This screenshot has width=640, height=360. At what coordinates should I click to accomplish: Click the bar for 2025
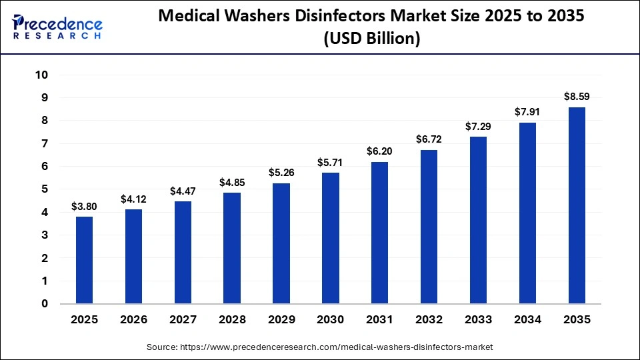(84, 260)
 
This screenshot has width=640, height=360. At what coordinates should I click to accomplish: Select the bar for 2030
(331, 238)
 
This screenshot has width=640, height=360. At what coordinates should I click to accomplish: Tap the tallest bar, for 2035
(577, 205)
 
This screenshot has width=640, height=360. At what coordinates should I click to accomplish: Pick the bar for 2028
(232, 248)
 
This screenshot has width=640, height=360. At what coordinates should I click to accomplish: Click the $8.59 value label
(577, 97)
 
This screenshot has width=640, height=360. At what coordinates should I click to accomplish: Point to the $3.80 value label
(84, 207)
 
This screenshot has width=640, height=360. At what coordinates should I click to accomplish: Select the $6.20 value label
(380, 151)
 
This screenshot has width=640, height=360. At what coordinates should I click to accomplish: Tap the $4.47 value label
(183, 191)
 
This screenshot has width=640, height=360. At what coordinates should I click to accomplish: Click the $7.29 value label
(479, 126)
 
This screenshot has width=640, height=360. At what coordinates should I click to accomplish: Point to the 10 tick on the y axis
(41, 75)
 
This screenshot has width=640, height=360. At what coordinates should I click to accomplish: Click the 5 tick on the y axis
(45, 189)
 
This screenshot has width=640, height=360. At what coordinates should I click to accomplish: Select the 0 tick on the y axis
(45, 304)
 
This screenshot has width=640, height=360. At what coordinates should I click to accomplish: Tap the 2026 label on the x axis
(133, 320)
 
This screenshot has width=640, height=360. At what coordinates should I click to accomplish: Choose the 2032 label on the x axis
(429, 320)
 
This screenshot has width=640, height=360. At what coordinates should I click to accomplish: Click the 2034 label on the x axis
(527, 320)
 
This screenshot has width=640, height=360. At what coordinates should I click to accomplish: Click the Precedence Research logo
(57, 27)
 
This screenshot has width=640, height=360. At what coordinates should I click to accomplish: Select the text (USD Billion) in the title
(371, 39)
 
